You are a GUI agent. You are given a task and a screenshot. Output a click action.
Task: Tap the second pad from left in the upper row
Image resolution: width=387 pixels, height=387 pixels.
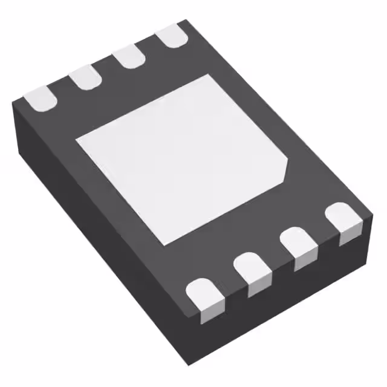pos(84,78)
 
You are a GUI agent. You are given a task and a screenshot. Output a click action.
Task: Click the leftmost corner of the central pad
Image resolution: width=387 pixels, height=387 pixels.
pos(76,140)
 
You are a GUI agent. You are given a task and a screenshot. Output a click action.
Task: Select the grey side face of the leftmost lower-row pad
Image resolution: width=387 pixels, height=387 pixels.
pos(206,311)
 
